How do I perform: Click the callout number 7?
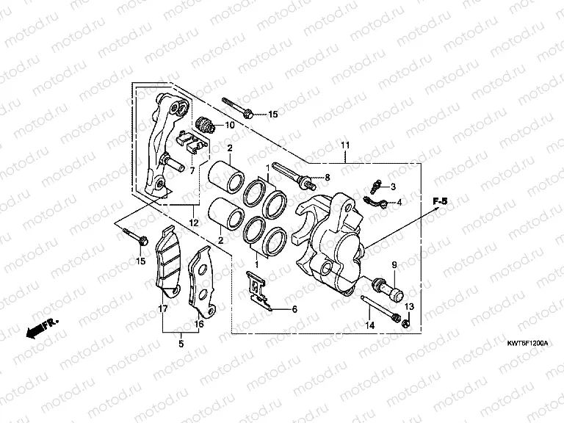click(192, 170)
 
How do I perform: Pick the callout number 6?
click(294, 310)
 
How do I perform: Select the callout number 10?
click(229, 125)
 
